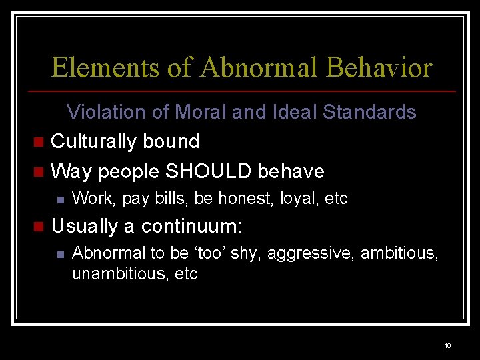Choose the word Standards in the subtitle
(x=369, y=112)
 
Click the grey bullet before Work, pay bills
(x=60, y=199)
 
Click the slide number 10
(x=447, y=345)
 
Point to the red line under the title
(x=240, y=91)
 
